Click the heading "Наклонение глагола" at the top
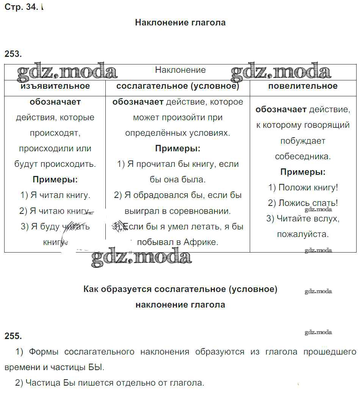pyautogui.click(x=180, y=23)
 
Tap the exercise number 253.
pyautogui.click(x=13, y=54)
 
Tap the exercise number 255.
pyautogui.click(x=13, y=336)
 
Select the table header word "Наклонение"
pyautogui.click(x=180, y=70)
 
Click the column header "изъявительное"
pyautogui.click(x=55, y=86)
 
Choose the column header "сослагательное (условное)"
pyautogui.click(x=178, y=86)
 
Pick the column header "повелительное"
pyautogui.click(x=303, y=86)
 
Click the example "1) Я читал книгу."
pyautogui.click(x=55, y=195)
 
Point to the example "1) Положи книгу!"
pyautogui.click(x=303, y=187)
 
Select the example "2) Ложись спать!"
pyautogui.click(x=303, y=203)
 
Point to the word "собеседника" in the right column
pyautogui.click(x=303, y=156)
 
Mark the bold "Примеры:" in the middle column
pyautogui.click(x=178, y=149)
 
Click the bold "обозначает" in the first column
pyautogui.click(x=55, y=102)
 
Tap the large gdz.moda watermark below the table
pyautogui.click(x=141, y=258)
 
